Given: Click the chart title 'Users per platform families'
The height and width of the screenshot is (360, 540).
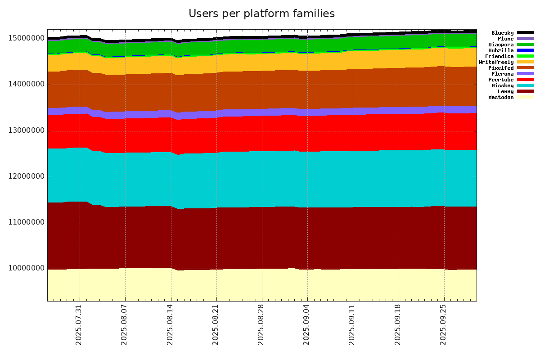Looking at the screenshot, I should tap(261, 13).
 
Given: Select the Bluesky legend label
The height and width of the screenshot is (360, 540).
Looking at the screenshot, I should tap(502, 33).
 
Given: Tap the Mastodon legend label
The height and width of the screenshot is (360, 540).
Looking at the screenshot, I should tap(501, 97).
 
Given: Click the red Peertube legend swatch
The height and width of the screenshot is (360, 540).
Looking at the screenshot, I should tap(525, 80).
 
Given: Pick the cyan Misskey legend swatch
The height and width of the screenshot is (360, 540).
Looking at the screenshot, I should tap(525, 85).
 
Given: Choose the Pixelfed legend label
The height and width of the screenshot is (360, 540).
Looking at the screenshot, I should tap(501, 68).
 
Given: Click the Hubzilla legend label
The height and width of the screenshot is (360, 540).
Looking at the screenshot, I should tap(501, 50).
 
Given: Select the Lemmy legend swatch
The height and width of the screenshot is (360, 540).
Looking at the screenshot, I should tap(525, 91).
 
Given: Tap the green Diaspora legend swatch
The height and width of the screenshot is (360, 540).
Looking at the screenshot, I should tap(525, 45).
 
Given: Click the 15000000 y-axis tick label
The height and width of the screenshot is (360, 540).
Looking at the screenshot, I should tap(27, 38).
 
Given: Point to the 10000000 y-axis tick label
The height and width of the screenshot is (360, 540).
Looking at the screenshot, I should tap(27, 269).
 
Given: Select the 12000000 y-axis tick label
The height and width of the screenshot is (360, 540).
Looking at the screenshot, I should tap(27, 176).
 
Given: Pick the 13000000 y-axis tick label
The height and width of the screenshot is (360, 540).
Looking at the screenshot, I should tap(27, 130).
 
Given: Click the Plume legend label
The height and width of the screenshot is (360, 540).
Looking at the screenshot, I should tap(506, 39).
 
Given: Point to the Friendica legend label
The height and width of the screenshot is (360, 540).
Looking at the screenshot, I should tap(499, 56).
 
